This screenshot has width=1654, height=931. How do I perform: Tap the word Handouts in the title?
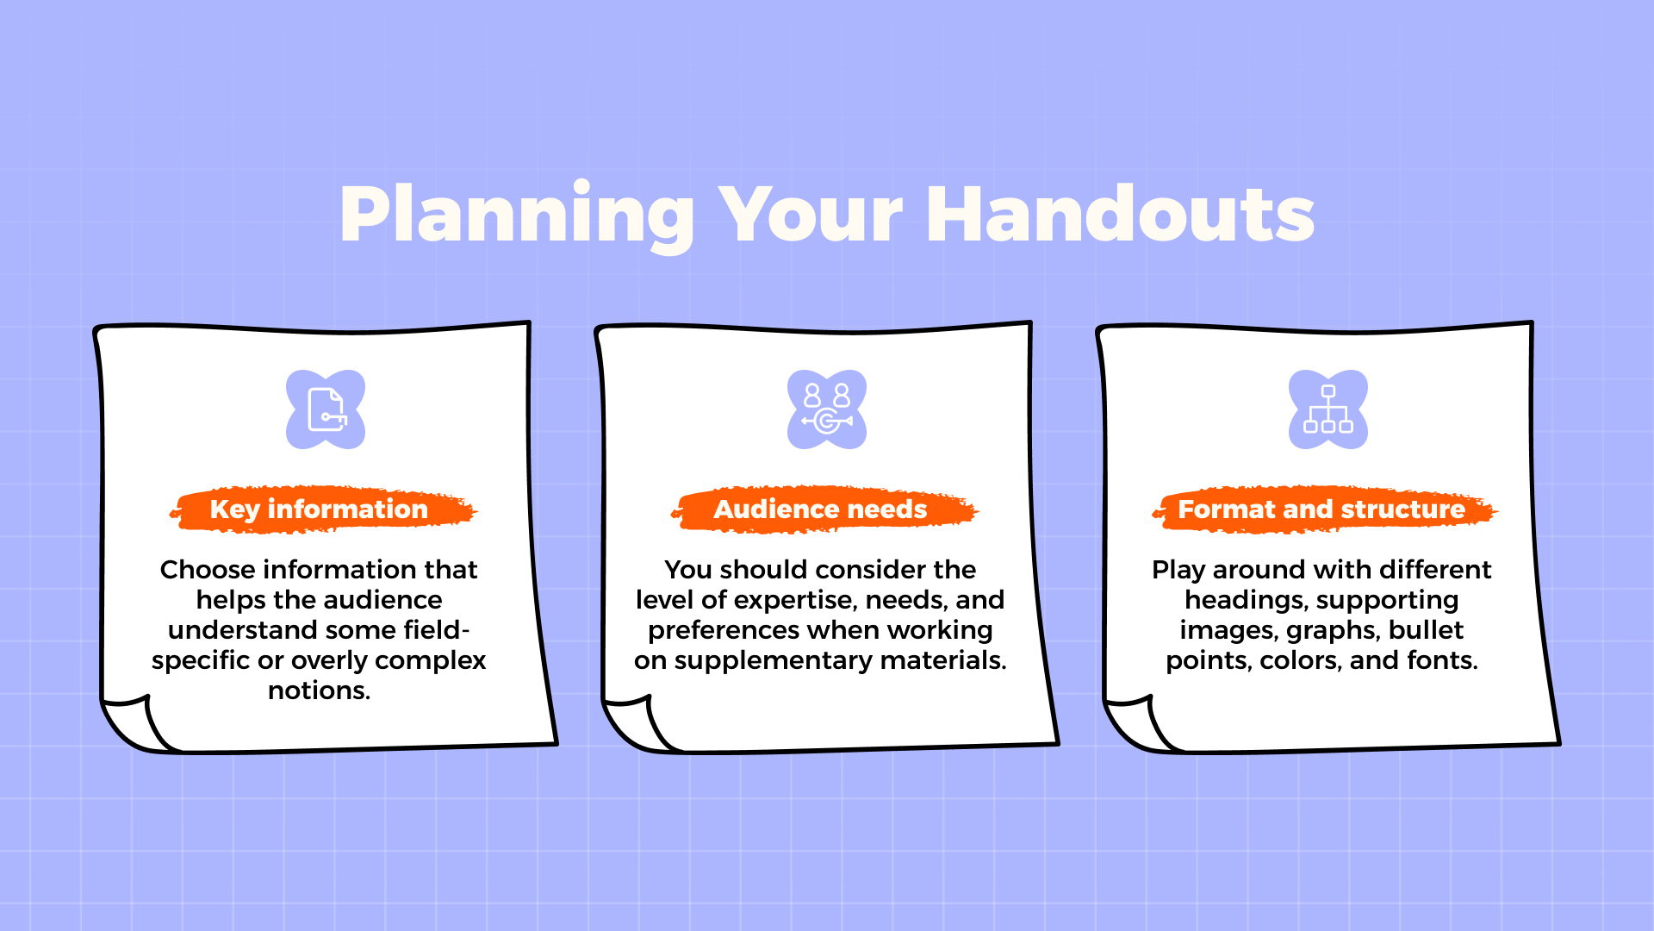(1120, 216)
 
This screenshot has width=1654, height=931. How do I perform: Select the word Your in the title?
(810, 216)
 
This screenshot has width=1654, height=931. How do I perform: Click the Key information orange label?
(319, 509)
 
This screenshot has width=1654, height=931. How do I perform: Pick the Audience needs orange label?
(820, 509)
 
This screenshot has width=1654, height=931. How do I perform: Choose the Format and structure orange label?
(1321, 509)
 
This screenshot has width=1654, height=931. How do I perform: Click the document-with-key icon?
(326, 409)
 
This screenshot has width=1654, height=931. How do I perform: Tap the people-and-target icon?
(827, 409)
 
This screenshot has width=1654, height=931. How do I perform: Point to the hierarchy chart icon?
(1328, 409)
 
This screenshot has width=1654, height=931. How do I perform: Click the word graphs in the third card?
(1332, 630)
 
